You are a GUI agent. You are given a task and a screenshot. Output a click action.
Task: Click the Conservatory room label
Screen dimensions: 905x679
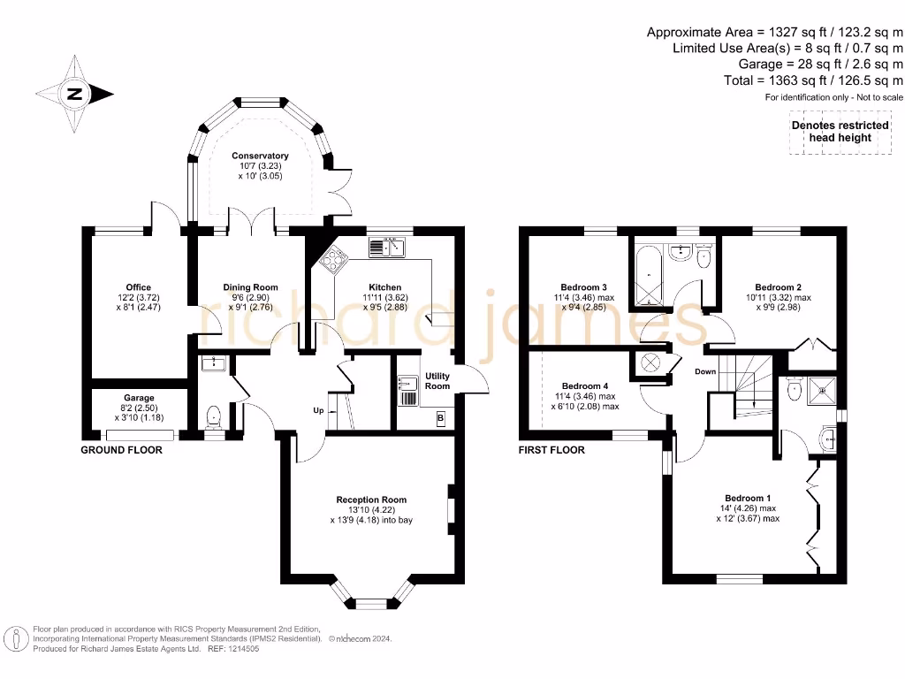[261, 156]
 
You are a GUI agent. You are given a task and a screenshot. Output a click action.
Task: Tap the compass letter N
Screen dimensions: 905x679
[74, 94]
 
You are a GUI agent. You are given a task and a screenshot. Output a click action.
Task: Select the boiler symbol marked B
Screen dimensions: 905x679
[441, 418]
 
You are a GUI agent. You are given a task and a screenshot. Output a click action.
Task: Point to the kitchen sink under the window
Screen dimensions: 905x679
[387, 248]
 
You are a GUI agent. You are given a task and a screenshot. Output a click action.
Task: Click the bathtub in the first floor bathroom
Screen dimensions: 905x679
[649, 276]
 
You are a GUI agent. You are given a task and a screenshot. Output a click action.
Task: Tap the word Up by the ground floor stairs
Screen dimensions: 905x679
[318, 410]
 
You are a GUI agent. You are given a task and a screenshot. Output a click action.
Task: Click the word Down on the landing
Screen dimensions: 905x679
[705, 371]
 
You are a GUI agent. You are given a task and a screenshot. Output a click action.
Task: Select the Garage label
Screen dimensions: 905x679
[139, 397]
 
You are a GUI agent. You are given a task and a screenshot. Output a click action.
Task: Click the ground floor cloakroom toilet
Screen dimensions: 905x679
[214, 417]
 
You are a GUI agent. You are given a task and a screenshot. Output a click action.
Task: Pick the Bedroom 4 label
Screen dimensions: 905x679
[585, 385]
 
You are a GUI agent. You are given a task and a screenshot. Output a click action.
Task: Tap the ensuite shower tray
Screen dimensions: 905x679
[822, 391]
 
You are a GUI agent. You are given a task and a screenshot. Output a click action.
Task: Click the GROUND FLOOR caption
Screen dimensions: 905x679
[121, 450]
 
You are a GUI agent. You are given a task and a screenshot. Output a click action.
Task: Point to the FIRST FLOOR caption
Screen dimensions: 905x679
[551, 450]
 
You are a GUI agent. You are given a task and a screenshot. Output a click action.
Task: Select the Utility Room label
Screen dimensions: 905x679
[437, 380]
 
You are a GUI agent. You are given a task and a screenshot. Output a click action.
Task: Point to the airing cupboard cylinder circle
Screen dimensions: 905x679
[650, 363]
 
